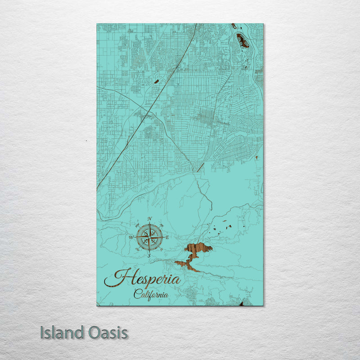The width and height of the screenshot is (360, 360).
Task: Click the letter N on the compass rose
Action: tap(149, 219)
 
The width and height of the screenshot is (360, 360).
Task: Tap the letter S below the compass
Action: tap(149, 255)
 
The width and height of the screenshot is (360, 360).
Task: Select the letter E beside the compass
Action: tap(167, 237)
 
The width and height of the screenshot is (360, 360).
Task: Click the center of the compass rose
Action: tap(149, 237)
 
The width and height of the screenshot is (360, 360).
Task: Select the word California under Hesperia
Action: tap(151, 295)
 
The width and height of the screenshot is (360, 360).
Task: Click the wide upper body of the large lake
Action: tap(198, 248)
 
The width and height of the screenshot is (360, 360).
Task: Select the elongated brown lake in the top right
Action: tap(243, 41)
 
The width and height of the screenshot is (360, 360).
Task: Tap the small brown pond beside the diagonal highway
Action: tap(156, 81)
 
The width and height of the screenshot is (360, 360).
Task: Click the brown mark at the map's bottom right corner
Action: tap(241, 304)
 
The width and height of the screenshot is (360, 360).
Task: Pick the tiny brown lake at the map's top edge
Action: tap(234, 26)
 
